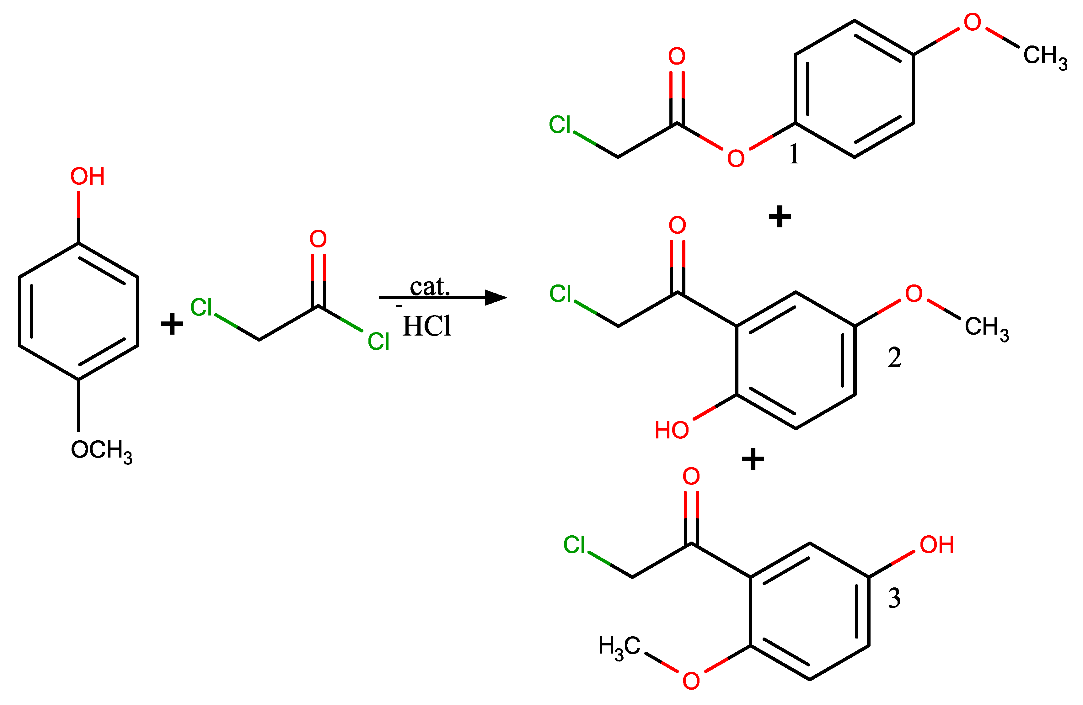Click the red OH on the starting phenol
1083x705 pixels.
click(x=87, y=177)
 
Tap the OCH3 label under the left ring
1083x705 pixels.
click(x=101, y=451)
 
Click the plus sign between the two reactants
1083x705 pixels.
click(x=172, y=324)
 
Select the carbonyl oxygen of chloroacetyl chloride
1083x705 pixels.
click(x=318, y=239)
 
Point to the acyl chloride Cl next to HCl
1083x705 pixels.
click(x=378, y=342)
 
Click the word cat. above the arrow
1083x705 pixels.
click(x=430, y=287)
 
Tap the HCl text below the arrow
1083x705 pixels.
click(x=427, y=326)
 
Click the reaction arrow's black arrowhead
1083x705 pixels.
click(x=496, y=298)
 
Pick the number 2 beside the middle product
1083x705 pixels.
click(x=894, y=357)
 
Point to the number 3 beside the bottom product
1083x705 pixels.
click(x=894, y=598)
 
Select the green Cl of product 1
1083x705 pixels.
click(x=560, y=125)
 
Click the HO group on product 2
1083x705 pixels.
click(x=672, y=430)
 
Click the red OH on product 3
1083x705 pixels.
click(x=936, y=545)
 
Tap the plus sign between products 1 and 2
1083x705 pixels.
click(x=780, y=216)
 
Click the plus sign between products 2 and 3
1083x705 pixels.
click(x=753, y=459)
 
